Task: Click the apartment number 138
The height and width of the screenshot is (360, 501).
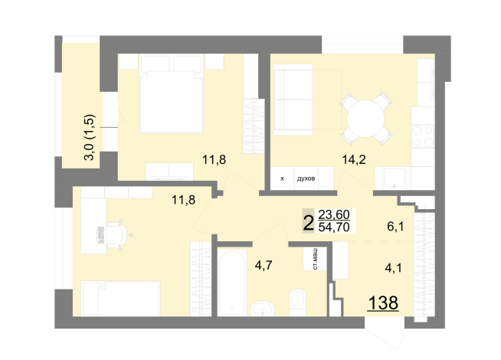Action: (x=383, y=303)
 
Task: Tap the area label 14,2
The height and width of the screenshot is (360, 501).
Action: (x=354, y=159)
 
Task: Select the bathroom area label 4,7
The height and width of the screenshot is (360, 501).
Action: (x=264, y=265)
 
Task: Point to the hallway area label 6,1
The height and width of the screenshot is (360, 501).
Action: (x=395, y=227)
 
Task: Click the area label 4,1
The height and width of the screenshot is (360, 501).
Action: (x=393, y=268)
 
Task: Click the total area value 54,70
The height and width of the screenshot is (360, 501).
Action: (x=334, y=227)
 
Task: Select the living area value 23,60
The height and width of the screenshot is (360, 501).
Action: (x=334, y=214)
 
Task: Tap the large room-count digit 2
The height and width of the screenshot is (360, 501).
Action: (x=308, y=223)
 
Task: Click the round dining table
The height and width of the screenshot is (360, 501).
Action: (x=365, y=119)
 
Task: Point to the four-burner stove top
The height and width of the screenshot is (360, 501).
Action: (x=423, y=136)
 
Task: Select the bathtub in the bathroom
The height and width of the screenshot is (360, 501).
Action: (x=231, y=283)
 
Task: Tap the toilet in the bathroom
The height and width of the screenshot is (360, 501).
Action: (x=297, y=303)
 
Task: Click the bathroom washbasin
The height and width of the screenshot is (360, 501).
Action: (x=262, y=309)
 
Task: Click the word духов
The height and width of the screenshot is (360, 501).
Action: (x=306, y=178)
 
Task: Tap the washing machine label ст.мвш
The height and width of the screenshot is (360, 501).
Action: (x=315, y=259)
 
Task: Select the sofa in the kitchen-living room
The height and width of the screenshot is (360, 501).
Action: (x=293, y=100)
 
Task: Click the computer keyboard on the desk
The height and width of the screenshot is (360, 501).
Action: (x=100, y=235)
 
